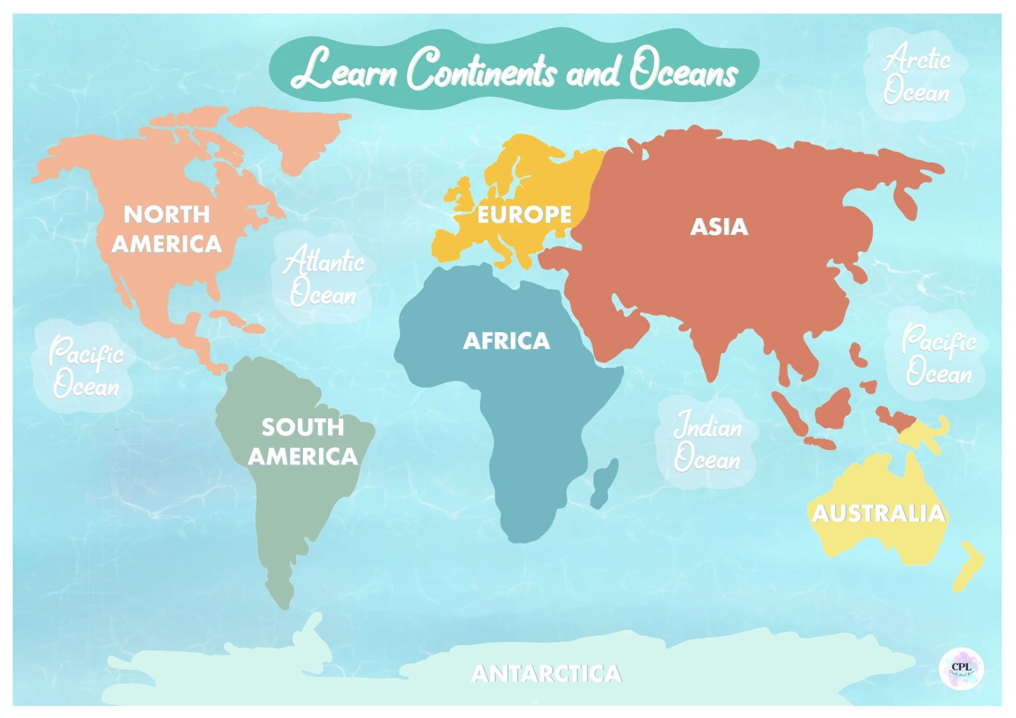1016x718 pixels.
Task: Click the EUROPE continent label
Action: (524, 215)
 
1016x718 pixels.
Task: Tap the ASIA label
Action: (719, 227)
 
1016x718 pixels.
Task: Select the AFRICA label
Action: (506, 341)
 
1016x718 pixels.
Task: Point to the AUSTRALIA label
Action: (878, 514)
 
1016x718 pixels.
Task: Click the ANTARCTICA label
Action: (546, 674)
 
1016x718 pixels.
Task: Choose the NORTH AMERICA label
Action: (166, 229)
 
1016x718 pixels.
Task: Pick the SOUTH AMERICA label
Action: (303, 442)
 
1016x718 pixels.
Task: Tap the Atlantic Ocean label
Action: (323, 277)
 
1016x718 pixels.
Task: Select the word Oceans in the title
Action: (684, 73)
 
